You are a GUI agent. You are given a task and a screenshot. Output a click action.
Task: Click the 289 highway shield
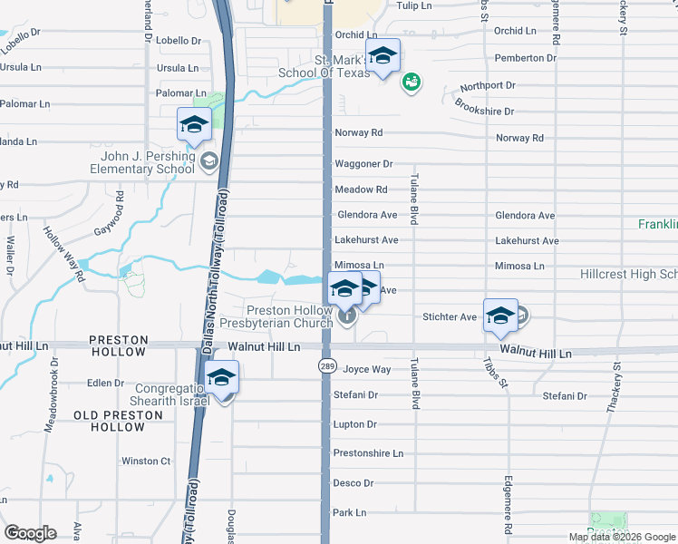point(327,365)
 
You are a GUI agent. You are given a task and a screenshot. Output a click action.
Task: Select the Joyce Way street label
point(367,369)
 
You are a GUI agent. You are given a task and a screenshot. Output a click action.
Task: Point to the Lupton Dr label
point(354,424)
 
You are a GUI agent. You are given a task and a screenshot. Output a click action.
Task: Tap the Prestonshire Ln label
point(368,452)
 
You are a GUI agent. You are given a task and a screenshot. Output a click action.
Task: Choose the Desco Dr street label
point(354,483)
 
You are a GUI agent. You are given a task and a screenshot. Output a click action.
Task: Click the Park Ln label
point(349,512)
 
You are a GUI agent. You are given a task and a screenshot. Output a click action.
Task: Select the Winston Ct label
point(146,461)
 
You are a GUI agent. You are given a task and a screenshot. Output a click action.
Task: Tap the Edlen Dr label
point(105,383)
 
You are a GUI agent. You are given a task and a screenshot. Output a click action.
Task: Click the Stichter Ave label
point(450,317)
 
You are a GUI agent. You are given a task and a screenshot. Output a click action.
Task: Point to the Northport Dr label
point(487,86)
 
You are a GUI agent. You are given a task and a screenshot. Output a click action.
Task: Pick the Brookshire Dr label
point(484,112)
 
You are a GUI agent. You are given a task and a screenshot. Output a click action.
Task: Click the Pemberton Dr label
point(526,58)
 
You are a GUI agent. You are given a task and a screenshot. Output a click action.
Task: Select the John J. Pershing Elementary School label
point(148,162)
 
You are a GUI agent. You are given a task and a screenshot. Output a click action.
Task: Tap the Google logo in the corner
point(30,533)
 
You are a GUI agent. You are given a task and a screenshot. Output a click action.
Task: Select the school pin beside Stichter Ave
point(500,316)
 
